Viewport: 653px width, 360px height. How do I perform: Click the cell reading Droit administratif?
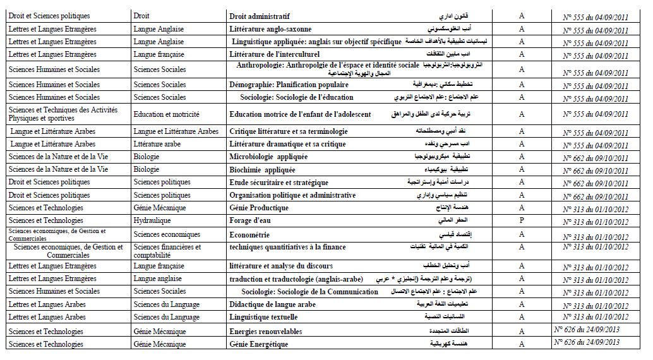[x=260, y=16]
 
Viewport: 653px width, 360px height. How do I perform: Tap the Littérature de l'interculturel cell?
[x=276, y=55]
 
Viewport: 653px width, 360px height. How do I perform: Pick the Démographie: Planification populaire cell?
[x=289, y=85]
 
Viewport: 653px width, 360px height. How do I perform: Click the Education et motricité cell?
[x=166, y=114]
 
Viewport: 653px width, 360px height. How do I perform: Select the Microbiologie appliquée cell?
[x=268, y=157]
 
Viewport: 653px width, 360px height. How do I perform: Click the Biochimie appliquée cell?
[x=262, y=169]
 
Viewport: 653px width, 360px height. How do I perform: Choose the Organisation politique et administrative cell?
[x=292, y=195]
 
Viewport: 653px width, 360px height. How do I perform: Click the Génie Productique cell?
[x=259, y=208]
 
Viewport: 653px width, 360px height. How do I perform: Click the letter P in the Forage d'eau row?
[x=522, y=221]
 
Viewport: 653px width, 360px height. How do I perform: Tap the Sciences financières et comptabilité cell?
[x=167, y=251]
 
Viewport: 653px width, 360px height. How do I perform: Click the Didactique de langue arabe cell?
[x=272, y=304]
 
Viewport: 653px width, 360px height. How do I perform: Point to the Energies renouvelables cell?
[x=265, y=332]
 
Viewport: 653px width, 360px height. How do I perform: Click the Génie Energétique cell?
[x=258, y=344]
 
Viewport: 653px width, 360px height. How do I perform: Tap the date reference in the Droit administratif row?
[x=595, y=16]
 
